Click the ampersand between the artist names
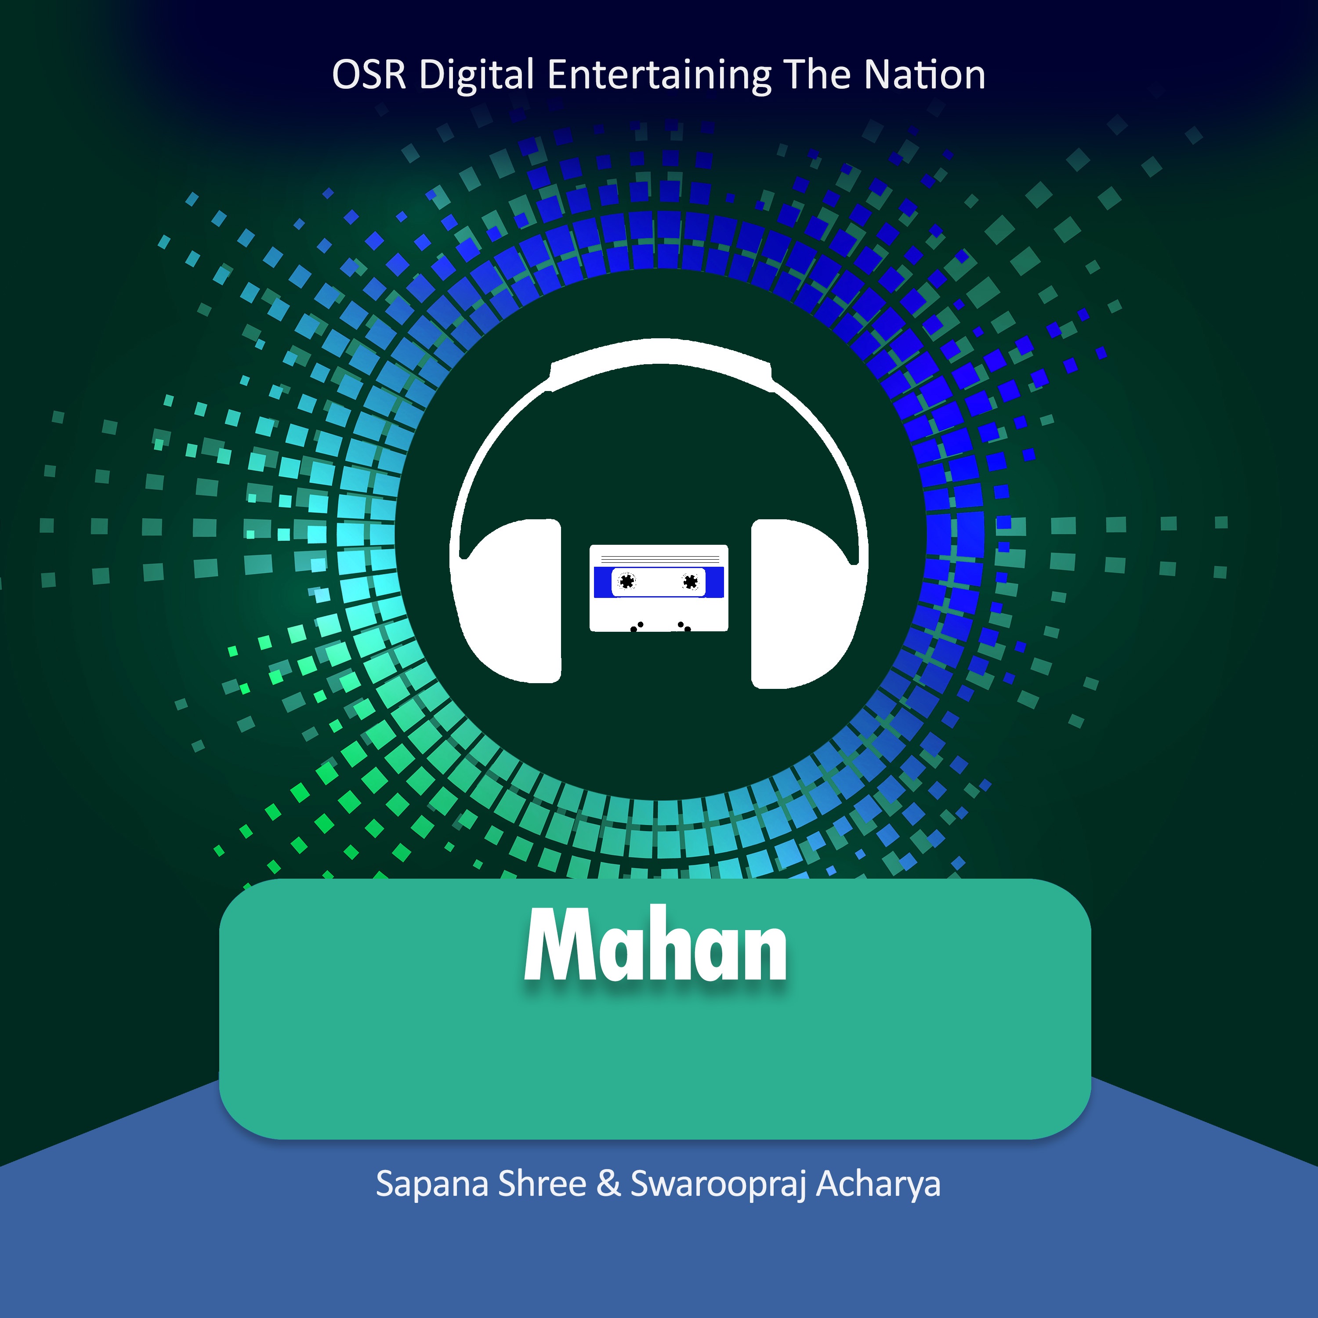pos(608,1184)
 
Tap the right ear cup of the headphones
pos(804,604)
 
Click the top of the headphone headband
pos(660,352)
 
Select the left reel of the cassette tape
pos(626,581)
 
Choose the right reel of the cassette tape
pos(690,581)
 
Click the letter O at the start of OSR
pos(346,75)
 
